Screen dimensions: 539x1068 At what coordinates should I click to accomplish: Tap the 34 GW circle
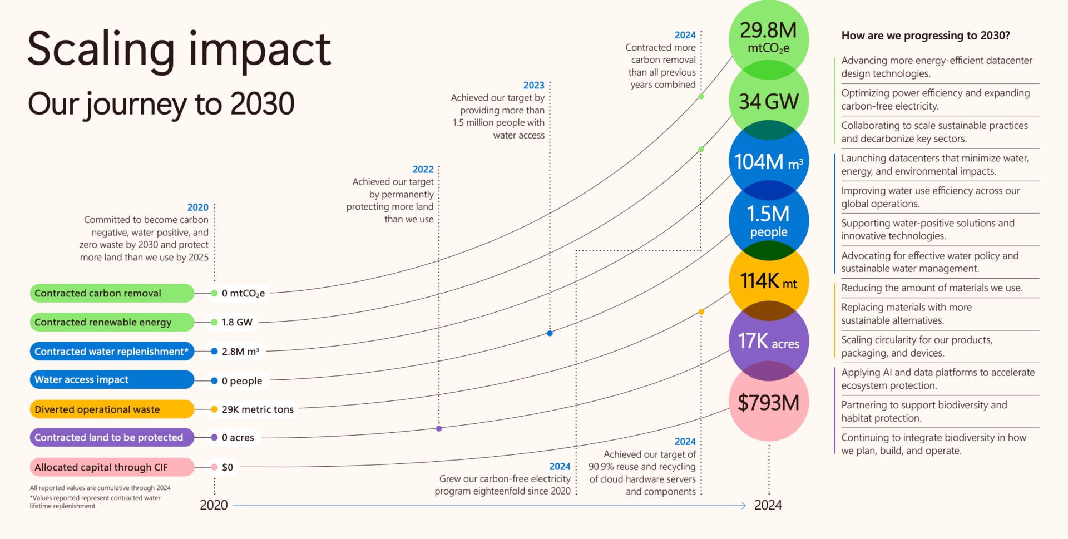coord(768,101)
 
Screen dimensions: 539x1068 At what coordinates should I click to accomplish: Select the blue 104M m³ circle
coord(768,162)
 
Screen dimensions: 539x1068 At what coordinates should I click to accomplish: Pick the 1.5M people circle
coord(768,221)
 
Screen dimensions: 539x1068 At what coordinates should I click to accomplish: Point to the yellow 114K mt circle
coord(768,281)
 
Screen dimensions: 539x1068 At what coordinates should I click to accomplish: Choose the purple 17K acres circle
coord(768,341)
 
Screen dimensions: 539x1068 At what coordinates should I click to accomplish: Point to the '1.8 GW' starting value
coord(237,322)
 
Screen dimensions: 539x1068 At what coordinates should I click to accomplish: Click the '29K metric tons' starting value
coord(258,409)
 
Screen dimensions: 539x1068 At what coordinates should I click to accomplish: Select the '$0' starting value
coord(228,467)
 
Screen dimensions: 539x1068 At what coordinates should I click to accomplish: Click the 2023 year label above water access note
coord(533,85)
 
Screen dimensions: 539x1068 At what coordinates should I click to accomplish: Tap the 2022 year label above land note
coord(423,169)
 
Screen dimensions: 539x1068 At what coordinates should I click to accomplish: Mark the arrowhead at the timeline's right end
coord(743,505)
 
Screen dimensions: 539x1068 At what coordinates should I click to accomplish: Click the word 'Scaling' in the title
coord(101,50)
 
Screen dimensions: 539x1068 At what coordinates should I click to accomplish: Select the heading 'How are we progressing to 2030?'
coord(925,36)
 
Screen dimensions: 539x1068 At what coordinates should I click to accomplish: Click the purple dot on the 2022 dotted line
coord(439,428)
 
